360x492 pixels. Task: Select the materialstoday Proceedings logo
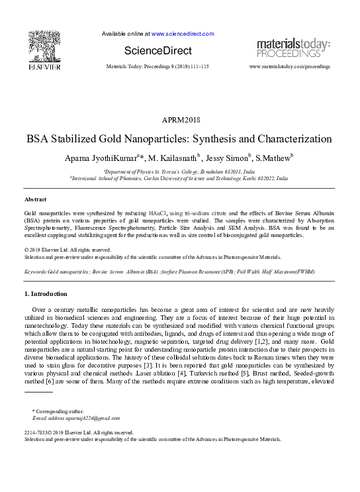coord(293,48)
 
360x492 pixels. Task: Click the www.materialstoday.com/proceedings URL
coord(289,67)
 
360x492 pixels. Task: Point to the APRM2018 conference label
coord(180,120)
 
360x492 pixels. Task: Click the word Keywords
coord(35,272)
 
